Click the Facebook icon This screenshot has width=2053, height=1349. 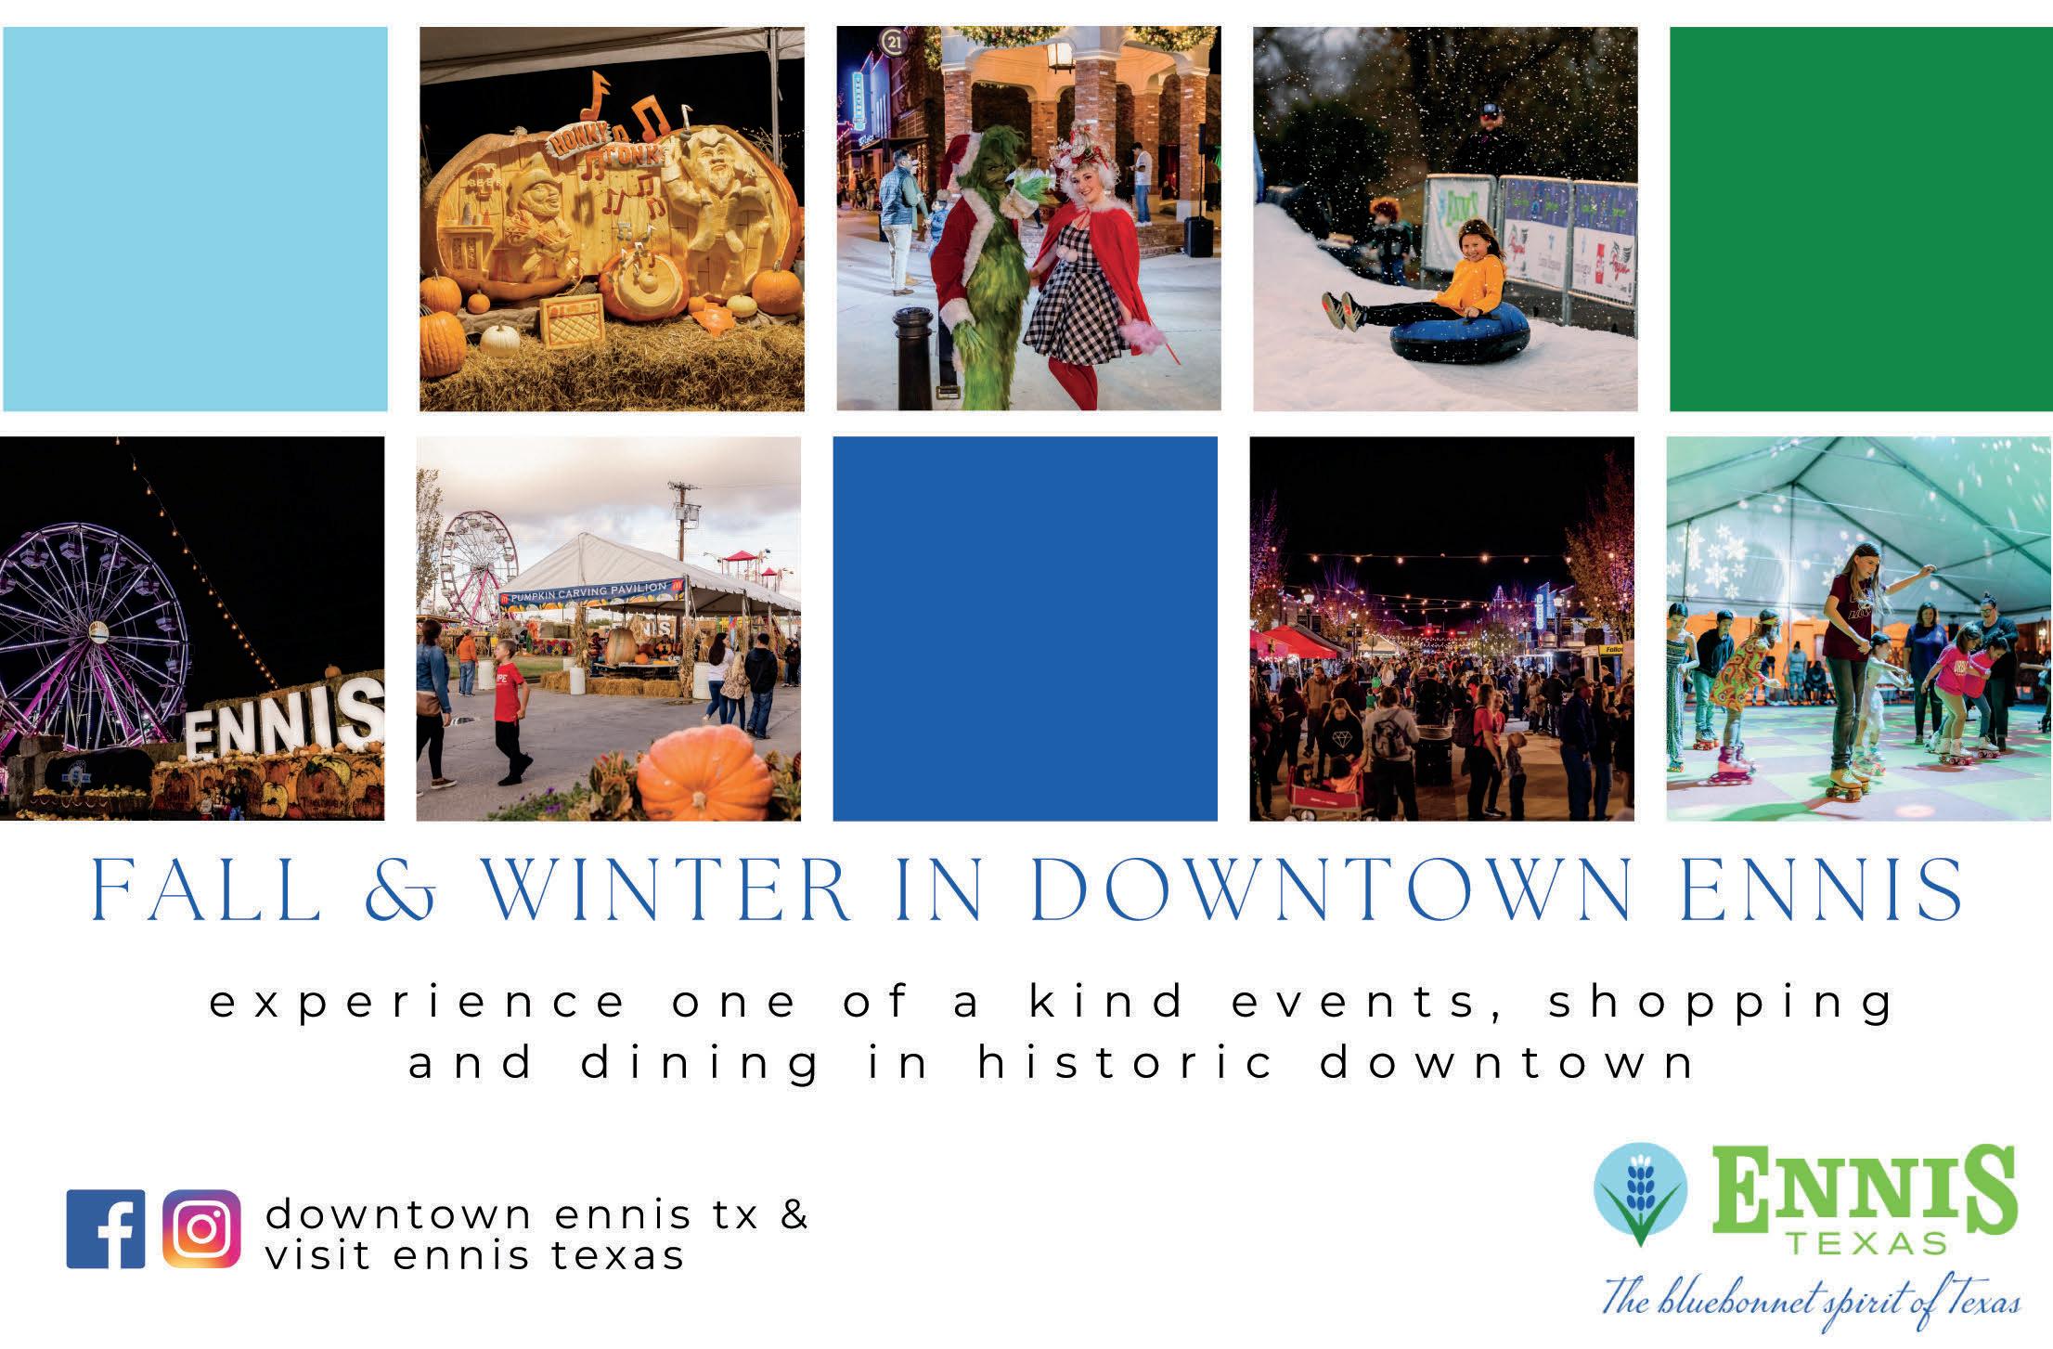106,1229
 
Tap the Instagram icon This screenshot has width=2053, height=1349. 201,1229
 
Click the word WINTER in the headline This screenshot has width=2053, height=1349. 665,892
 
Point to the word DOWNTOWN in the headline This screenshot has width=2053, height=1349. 1331,892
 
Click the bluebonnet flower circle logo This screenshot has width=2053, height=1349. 1640,1194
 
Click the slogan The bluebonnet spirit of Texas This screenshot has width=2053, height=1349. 1812,1296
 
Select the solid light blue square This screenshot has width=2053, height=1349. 194,218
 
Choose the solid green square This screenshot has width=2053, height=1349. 1861,218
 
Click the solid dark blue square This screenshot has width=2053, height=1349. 1025,629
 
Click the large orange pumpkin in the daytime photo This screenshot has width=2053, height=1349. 706,774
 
